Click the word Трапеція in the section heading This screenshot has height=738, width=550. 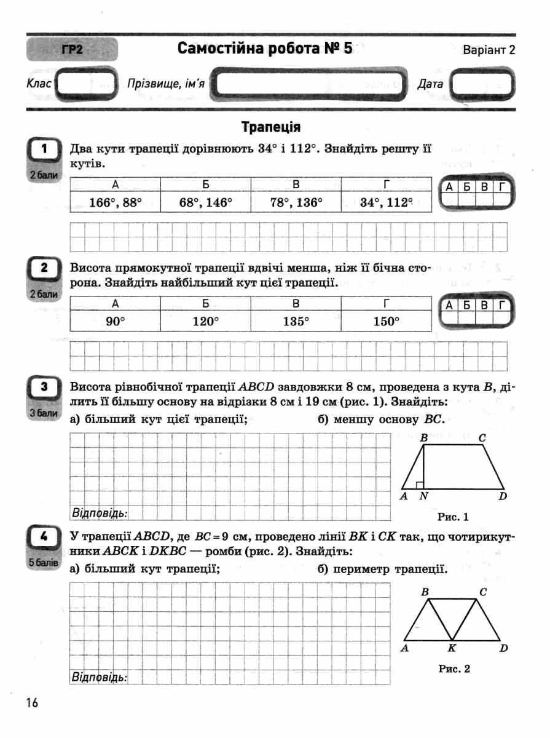(271, 127)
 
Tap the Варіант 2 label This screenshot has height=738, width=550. (489, 50)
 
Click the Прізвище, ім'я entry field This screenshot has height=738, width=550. (310, 84)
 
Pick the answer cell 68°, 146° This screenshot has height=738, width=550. (206, 202)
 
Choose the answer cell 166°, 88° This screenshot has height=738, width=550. (116, 202)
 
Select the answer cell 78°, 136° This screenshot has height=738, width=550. (296, 202)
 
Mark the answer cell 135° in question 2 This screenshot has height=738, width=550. (296, 320)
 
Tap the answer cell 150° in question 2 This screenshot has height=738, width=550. (387, 320)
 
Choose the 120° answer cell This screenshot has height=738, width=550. (206, 320)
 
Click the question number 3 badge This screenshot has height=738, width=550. (44, 387)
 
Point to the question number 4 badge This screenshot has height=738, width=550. (44, 537)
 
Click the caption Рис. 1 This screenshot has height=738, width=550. (453, 516)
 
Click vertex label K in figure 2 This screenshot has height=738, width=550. (452, 648)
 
